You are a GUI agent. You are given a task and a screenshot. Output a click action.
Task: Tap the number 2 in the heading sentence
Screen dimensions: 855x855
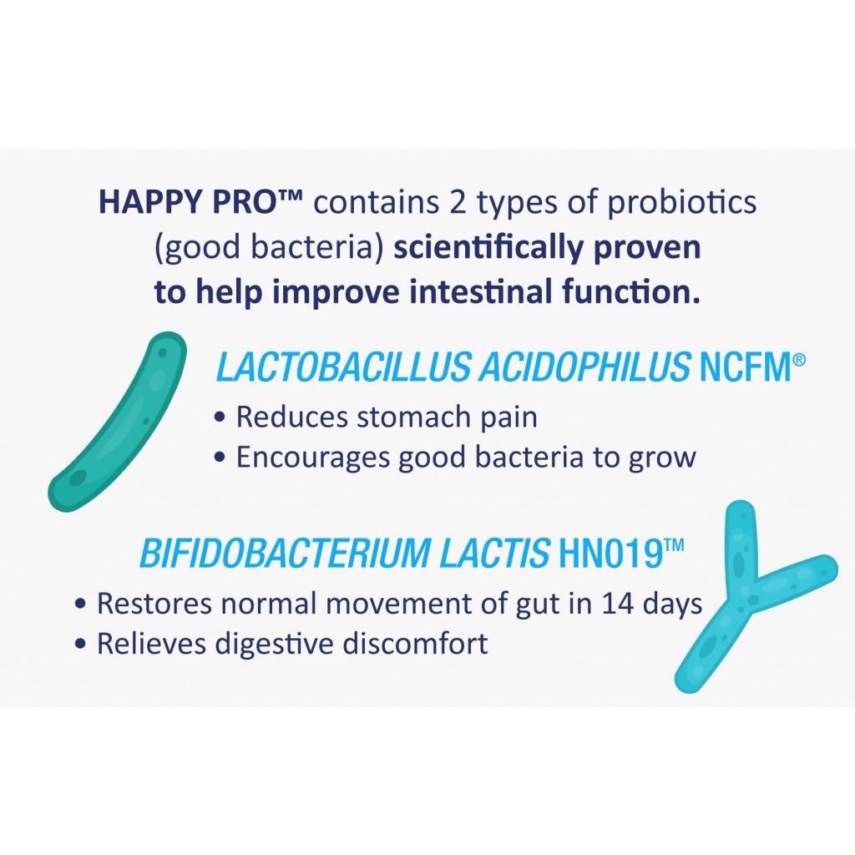[x=458, y=202]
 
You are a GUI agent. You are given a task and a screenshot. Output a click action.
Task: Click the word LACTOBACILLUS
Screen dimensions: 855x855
[x=343, y=367]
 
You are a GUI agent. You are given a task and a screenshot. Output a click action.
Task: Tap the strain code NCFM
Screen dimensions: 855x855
[x=746, y=367]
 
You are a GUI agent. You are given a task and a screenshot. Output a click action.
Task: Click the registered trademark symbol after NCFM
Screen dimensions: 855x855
[x=799, y=359]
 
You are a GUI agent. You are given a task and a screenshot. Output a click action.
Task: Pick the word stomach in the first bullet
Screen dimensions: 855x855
[x=414, y=417]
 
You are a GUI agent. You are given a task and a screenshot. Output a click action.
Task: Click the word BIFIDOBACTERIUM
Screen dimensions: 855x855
[x=286, y=554]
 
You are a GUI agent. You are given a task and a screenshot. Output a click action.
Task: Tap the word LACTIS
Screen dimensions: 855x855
[x=494, y=554]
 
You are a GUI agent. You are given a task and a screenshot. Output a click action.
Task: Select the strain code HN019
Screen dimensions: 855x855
[x=611, y=554]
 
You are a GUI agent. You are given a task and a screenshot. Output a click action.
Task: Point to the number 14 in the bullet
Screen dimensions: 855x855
[x=618, y=604]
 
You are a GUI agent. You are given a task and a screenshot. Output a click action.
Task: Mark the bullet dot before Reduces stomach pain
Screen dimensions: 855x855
[x=220, y=418]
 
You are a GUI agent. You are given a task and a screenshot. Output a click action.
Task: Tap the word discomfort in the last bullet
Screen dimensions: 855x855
[x=415, y=644]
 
